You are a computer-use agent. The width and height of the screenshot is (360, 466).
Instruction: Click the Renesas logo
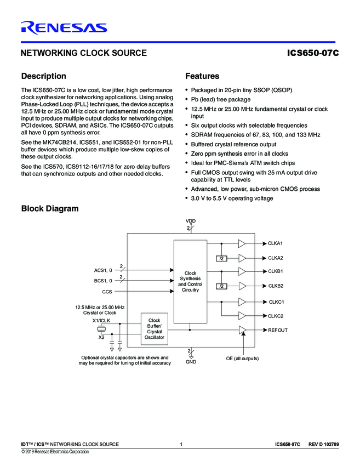[x=64, y=28]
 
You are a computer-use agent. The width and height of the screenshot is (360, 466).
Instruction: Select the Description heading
[x=43, y=76]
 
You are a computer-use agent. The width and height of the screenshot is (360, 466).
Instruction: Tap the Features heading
[x=202, y=76]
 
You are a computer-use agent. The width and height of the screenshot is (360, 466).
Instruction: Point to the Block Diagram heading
[x=49, y=208]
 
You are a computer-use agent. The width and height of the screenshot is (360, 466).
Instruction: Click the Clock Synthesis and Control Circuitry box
[x=190, y=281]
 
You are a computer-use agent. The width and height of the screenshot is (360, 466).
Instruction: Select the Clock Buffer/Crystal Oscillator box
[x=155, y=329]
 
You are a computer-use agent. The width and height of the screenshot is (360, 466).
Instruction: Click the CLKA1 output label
[x=275, y=243]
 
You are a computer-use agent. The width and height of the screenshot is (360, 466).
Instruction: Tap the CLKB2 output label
[x=276, y=286]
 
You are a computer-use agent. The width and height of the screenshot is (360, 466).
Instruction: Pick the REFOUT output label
[x=277, y=330]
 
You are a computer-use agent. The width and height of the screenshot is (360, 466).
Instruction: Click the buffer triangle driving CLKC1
[x=242, y=302]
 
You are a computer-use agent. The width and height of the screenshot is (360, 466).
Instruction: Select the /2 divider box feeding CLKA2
[x=221, y=258]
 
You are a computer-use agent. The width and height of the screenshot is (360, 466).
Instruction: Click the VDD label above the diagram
[x=190, y=220]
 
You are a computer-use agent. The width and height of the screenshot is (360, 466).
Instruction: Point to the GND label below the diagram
[x=190, y=362]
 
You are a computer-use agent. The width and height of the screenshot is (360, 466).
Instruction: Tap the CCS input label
[x=107, y=292]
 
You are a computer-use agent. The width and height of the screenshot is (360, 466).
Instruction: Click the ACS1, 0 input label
[x=103, y=270]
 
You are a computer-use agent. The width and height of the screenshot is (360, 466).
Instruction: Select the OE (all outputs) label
[x=242, y=358]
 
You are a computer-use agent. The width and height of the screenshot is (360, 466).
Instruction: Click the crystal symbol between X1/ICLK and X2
[x=101, y=329]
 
